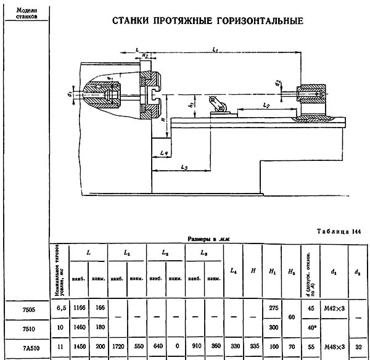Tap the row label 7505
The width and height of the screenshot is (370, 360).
click(24, 309)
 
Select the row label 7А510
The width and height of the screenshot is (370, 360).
click(24, 347)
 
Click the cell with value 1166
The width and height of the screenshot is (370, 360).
click(78, 309)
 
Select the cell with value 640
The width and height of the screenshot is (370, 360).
click(157, 347)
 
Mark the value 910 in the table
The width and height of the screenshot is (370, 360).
click(195, 347)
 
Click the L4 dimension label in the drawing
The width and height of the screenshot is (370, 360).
click(164, 150)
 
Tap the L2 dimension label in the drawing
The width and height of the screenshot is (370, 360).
click(266, 105)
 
